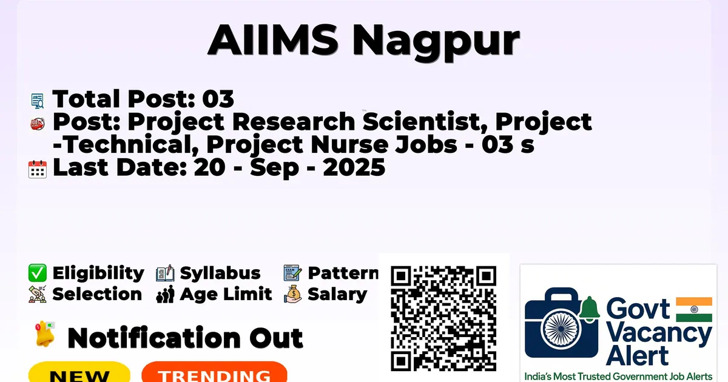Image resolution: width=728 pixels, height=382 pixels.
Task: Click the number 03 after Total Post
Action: (x=218, y=99)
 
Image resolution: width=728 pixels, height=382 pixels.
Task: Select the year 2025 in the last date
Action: (x=354, y=167)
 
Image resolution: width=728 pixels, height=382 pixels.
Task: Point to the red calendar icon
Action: (x=38, y=169)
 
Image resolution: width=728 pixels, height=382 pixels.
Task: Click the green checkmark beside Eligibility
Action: (x=38, y=273)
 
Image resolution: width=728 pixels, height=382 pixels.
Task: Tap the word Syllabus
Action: (x=220, y=273)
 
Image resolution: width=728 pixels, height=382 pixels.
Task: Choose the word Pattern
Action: (x=343, y=273)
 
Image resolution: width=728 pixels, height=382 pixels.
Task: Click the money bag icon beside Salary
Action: (x=293, y=294)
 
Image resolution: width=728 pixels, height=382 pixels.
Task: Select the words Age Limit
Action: (x=226, y=294)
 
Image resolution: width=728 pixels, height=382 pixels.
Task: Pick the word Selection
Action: (x=97, y=294)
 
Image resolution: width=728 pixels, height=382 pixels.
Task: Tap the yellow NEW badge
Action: (x=79, y=372)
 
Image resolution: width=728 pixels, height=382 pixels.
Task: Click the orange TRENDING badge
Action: (x=215, y=372)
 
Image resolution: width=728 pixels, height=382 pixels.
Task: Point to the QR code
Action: (x=443, y=318)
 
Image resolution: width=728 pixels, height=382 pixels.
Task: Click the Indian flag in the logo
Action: (x=694, y=309)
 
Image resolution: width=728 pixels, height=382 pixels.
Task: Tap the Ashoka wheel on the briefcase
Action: (x=561, y=329)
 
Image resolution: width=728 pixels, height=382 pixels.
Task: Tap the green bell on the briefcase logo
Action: (x=590, y=309)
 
